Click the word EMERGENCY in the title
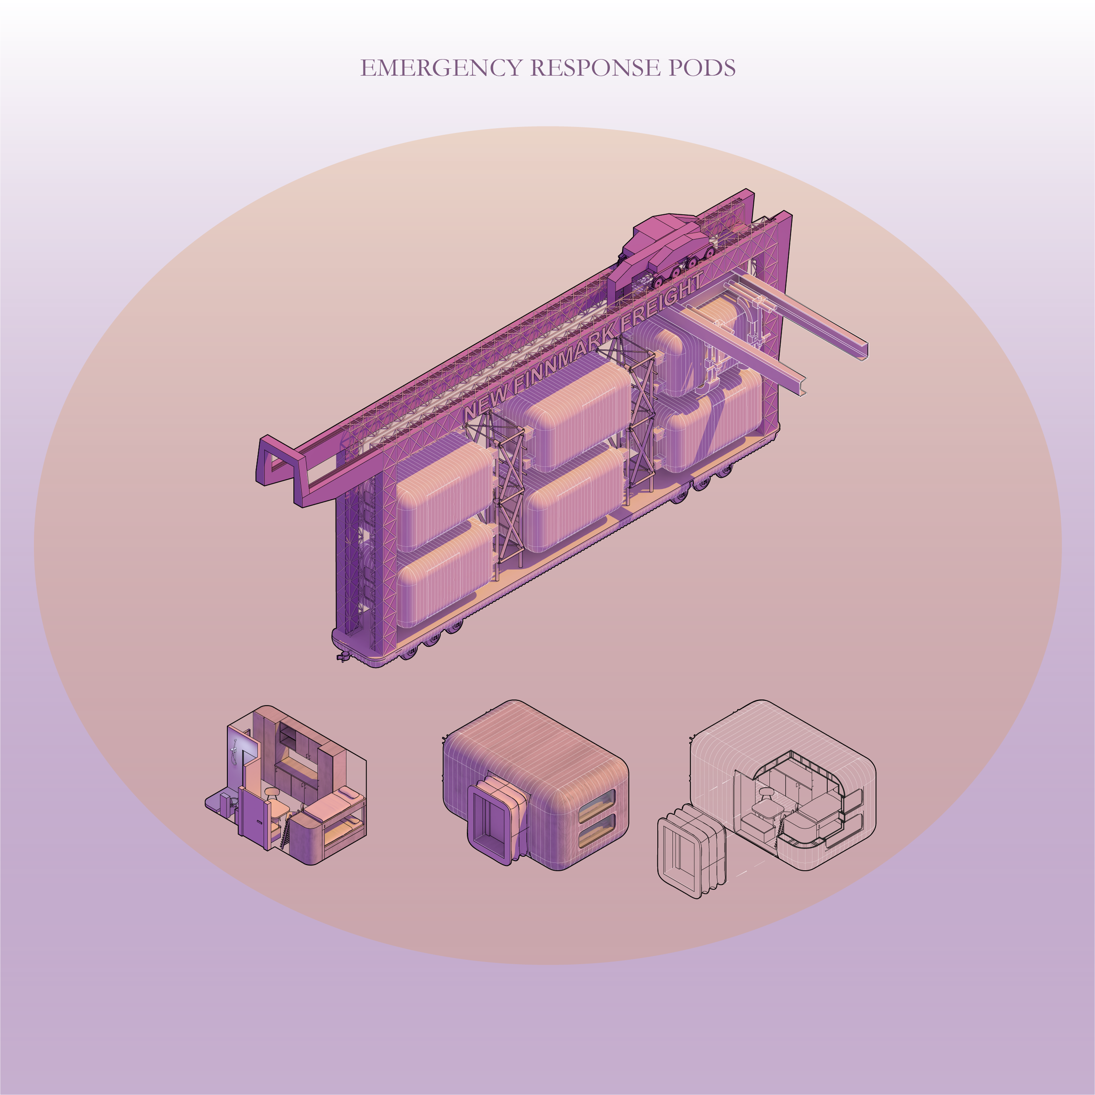(441, 67)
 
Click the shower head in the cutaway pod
(233, 748)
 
